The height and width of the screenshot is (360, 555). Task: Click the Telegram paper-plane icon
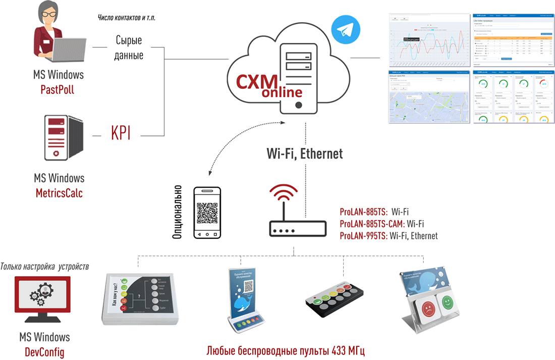(x=343, y=30)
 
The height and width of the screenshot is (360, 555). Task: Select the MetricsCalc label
(x=59, y=193)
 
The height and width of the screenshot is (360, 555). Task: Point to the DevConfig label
(x=44, y=351)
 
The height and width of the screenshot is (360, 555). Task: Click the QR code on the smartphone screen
(x=207, y=213)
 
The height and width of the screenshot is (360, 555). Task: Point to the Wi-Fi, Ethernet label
(x=305, y=153)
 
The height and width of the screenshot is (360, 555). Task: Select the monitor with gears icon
(x=44, y=300)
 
